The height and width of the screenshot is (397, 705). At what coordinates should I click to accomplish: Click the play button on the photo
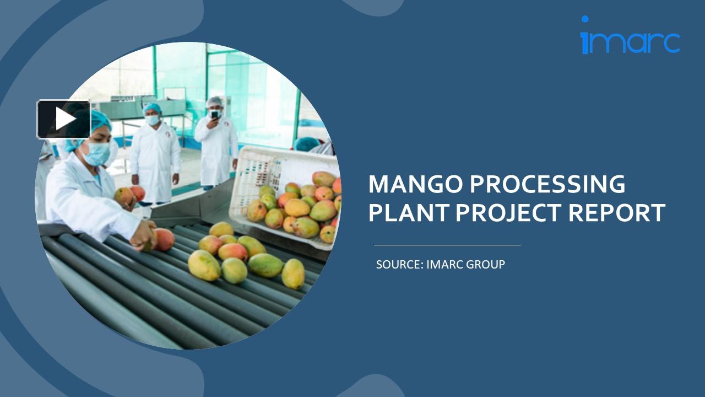tap(64, 119)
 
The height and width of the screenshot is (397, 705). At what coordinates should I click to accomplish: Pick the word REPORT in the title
tap(620, 213)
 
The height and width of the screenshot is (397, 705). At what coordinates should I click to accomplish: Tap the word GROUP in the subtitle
tap(485, 265)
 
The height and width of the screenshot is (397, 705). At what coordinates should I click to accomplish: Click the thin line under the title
tap(447, 245)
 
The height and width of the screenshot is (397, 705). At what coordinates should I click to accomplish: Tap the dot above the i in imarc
tap(584, 19)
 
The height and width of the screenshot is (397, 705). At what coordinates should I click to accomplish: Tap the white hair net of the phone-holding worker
tap(215, 102)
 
